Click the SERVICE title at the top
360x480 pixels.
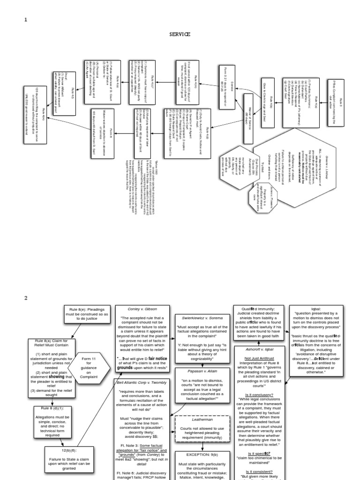coord(180,34)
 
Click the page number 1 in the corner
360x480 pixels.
coord(26,19)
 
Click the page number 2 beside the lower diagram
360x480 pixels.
coord(26,298)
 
